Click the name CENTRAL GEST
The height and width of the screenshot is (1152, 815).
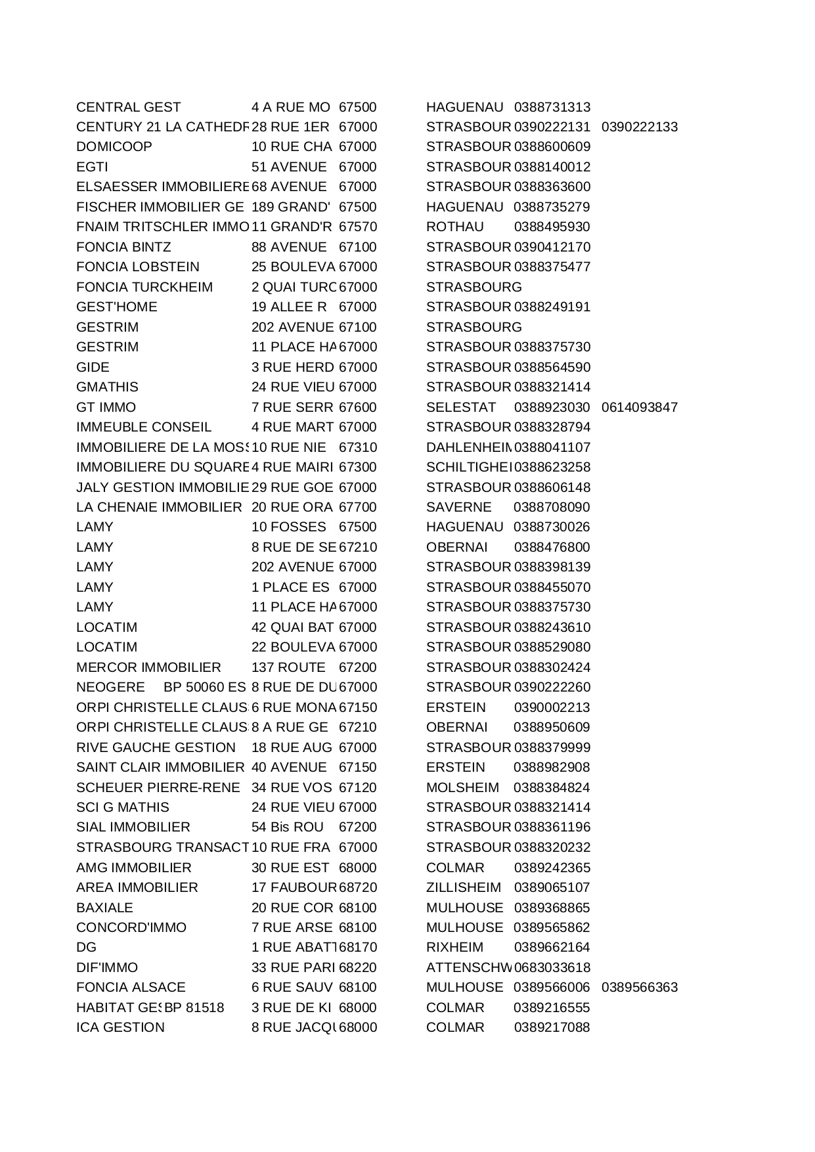click(128, 107)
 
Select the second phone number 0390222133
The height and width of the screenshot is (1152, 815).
click(639, 127)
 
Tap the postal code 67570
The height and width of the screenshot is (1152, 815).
click(358, 227)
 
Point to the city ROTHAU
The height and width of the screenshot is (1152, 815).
click(454, 227)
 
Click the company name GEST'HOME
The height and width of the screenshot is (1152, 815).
click(117, 307)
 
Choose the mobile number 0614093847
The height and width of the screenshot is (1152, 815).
click(639, 407)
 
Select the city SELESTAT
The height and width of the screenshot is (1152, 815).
click(461, 407)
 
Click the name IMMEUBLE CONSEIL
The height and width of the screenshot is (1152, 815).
click(144, 428)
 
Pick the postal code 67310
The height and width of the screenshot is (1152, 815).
click(358, 447)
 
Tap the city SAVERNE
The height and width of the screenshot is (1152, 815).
click(458, 508)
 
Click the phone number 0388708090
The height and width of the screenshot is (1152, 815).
click(552, 508)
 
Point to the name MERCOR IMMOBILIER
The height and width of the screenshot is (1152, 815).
click(148, 668)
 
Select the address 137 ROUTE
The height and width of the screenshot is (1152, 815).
click(288, 668)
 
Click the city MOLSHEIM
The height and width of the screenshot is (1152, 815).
click(462, 787)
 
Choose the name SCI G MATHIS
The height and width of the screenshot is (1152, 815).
click(123, 808)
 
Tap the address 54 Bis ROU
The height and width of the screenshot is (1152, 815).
click(288, 828)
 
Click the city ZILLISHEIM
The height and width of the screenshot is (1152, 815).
click(463, 888)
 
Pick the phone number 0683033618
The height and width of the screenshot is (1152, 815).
click(552, 967)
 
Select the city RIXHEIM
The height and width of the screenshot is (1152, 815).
click(454, 948)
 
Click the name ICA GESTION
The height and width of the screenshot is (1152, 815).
click(120, 1028)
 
